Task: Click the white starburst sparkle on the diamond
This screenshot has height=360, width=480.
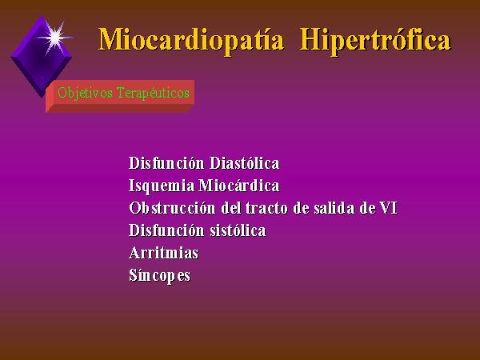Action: point(55,38)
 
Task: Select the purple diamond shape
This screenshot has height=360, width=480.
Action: point(41,57)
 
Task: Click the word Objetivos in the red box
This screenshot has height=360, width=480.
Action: point(85,93)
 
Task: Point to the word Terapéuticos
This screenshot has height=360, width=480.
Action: point(153,93)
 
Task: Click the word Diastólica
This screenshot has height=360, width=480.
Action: point(244,163)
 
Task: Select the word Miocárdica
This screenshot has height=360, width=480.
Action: point(239,186)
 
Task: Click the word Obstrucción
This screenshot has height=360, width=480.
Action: point(172,208)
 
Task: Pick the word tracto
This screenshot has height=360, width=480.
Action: point(266,208)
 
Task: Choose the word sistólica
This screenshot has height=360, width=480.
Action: point(238,230)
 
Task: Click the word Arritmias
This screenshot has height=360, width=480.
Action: point(163,253)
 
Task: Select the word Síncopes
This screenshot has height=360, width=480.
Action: point(159,275)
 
